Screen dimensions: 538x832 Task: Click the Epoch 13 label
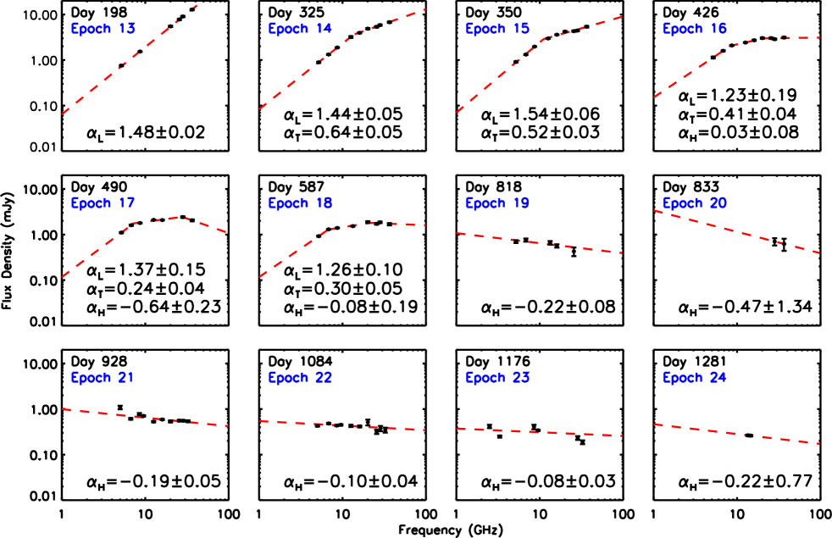(103, 29)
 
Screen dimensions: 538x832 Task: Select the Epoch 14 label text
(300, 29)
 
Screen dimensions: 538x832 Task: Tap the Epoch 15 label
(497, 29)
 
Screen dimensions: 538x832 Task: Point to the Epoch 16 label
(694, 29)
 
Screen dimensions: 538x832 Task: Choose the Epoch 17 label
(103, 203)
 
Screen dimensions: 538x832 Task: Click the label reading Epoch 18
(300, 203)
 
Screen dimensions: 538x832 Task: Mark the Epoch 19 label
(497, 203)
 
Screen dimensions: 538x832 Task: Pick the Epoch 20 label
(694, 203)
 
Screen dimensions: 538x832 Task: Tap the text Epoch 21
(103, 378)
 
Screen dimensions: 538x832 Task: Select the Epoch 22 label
(300, 378)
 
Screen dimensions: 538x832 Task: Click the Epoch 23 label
(497, 378)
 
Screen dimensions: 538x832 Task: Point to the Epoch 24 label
(694, 378)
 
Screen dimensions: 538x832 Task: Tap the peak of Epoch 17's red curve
(178, 218)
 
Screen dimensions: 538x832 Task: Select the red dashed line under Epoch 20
(737, 231)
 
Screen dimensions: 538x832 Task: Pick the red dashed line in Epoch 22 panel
(339, 425)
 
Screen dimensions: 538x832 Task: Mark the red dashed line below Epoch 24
(737, 434)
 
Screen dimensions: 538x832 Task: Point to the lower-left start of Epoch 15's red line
(458, 111)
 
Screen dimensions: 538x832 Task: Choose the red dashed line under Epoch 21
(144, 417)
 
